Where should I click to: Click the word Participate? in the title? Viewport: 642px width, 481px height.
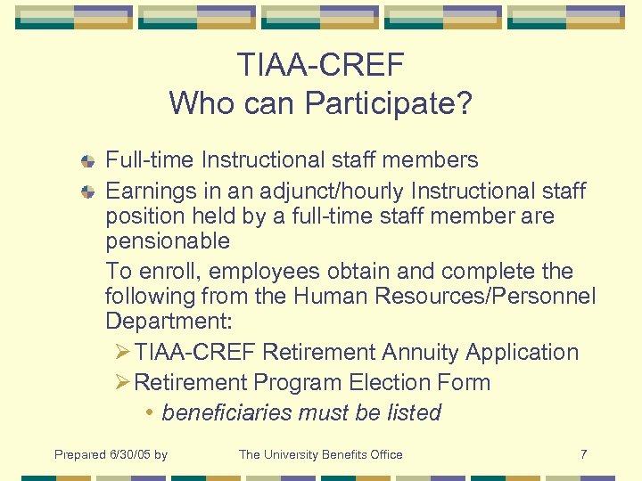[x=389, y=103]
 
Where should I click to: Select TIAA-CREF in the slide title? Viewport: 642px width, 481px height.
[x=321, y=64]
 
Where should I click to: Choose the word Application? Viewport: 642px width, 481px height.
[x=525, y=352]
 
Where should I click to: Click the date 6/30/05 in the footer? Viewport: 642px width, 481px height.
[x=128, y=454]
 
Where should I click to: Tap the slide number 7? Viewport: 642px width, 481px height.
[x=583, y=454]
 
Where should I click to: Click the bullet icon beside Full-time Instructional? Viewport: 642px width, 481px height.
[x=87, y=161]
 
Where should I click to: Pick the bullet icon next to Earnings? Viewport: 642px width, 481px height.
[x=87, y=192]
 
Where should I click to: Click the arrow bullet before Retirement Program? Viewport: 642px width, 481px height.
[x=123, y=383]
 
